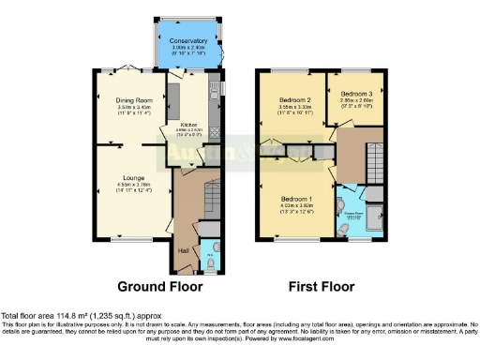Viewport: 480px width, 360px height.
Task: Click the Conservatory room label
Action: coord(188,41)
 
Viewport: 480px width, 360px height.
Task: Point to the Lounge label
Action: coord(130,175)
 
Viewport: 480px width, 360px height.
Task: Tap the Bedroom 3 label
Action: coord(356,94)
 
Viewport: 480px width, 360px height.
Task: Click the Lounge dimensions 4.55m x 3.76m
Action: coord(130,184)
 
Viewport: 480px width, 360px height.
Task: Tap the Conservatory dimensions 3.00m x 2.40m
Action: coord(188,49)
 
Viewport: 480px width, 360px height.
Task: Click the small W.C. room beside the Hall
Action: coord(210,256)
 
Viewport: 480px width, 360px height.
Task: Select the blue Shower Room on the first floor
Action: coord(356,214)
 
